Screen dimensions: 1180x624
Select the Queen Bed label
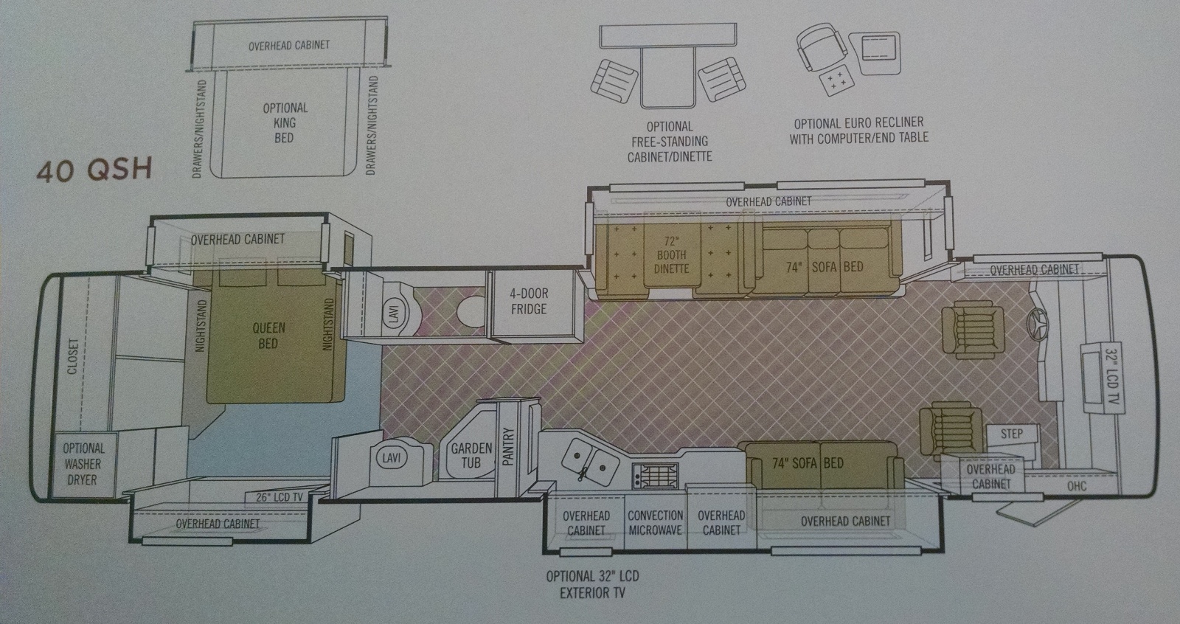click(268, 336)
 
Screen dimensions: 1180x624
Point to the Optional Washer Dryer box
click(84, 465)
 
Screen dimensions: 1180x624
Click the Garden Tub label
click(471, 456)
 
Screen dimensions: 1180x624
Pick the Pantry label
click(508, 447)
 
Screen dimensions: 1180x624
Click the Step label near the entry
click(1011, 434)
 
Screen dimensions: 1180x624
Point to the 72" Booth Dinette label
click(671, 255)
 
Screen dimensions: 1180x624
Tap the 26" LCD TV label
click(280, 497)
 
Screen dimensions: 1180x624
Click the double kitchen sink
click(590, 462)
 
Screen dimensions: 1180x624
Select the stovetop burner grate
click(656, 476)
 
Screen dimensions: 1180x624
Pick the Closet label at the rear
click(72, 357)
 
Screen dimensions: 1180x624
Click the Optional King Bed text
click(285, 122)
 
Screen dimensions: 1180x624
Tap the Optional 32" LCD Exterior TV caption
click(592, 584)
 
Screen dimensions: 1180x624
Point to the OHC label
click(1076, 486)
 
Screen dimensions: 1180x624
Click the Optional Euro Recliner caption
click(858, 131)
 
